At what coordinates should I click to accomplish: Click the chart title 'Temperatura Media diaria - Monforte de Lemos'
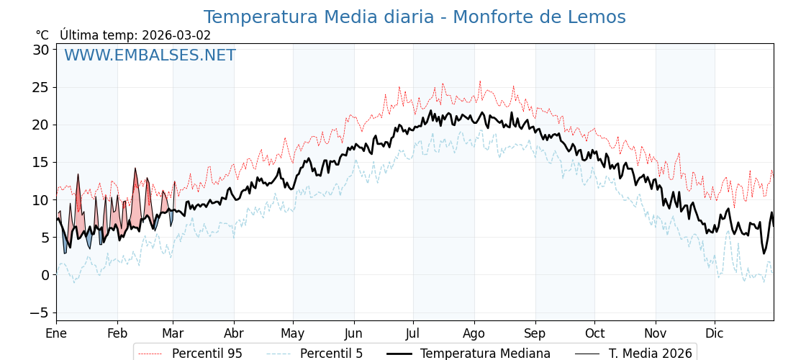(415, 17)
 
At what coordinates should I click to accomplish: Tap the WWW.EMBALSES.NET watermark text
(150, 55)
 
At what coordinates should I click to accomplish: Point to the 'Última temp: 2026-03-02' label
(135, 35)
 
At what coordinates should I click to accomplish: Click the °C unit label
(42, 35)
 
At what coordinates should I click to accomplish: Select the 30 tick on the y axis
(41, 50)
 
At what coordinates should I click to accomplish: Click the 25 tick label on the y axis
(41, 87)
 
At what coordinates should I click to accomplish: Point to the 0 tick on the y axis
(45, 275)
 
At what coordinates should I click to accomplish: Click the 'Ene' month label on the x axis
(56, 333)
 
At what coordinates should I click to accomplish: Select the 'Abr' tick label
(234, 333)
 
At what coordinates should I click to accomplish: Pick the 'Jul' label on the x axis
(413, 333)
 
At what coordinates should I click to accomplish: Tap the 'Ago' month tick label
(474, 333)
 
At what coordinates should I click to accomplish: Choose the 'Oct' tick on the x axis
(594, 333)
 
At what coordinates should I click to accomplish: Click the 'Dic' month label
(715, 333)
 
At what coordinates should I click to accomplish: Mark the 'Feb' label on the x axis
(117, 333)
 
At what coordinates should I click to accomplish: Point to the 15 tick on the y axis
(41, 162)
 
